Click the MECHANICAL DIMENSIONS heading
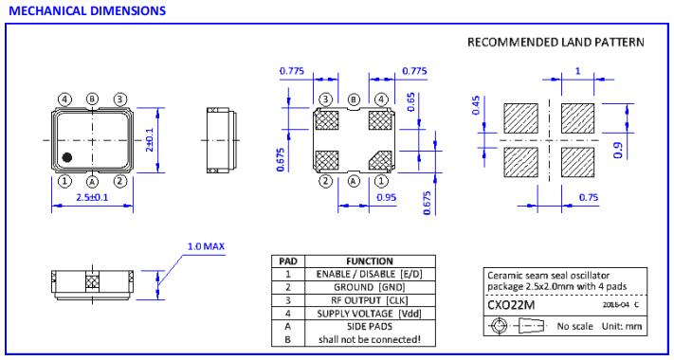pos(87,10)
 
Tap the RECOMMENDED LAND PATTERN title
pos(556,42)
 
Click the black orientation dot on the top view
pos(66,157)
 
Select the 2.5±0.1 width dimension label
pos(92,197)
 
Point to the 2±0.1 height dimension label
pos(149,140)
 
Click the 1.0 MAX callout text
pos(206,246)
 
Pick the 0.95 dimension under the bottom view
pos(387,198)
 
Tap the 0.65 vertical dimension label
pos(410,101)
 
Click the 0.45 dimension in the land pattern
pos(476,105)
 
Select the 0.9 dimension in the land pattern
pos(619,150)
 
